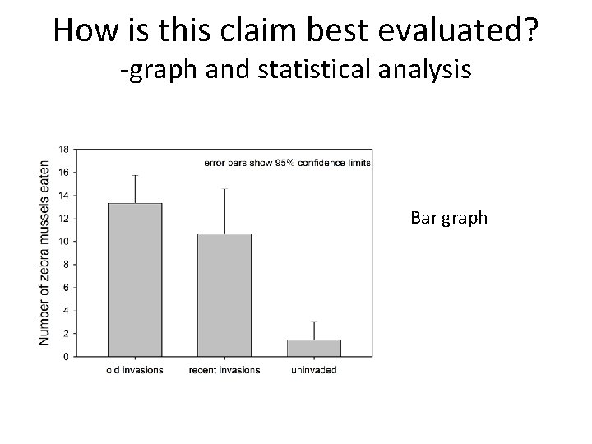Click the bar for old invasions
pos(135,280)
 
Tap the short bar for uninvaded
pos(314,348)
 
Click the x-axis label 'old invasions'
pos(135,370)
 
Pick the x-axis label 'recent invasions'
pos(224,370)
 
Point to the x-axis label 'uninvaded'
pos(314,370)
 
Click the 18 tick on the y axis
pos(63,149)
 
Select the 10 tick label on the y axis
pos(63,241)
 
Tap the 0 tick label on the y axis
pos(66,357)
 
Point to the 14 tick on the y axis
pos(63,195)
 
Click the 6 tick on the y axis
pos(66,287)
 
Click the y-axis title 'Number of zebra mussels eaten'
pos(44,252)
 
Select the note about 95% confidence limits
pos(287,163)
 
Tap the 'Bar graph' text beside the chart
pos(449,219)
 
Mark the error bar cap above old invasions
pos(135,175)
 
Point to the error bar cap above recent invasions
pos(224,189)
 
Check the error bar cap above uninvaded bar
pos(314,322)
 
